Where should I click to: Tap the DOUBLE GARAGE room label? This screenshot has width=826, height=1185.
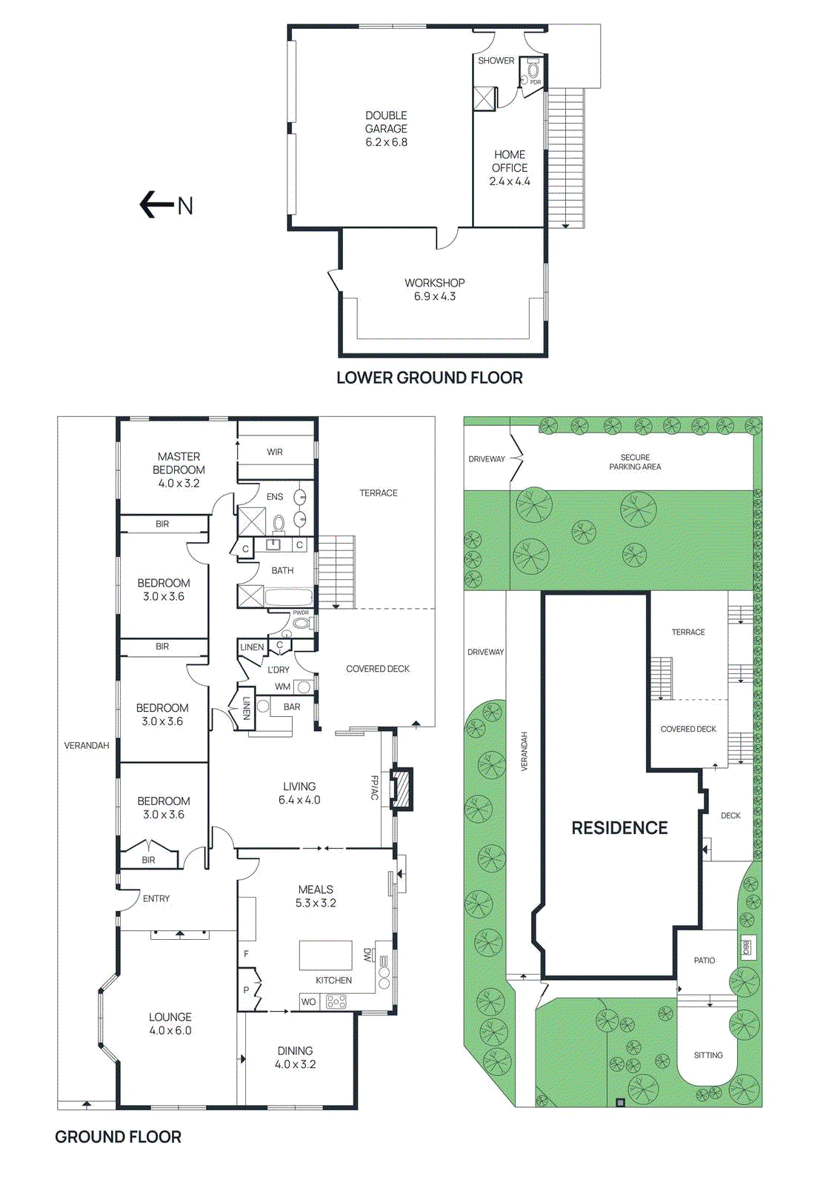(x=386, y=122)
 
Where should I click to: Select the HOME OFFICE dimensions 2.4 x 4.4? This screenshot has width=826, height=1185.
(x=510, y=181)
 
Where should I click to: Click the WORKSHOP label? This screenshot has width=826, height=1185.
(x=435, y=283)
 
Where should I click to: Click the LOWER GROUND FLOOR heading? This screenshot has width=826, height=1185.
(x=429, y=378)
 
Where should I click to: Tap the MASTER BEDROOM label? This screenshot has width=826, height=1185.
(x=179, y=463)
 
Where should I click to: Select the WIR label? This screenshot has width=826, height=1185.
(x=275, y=452)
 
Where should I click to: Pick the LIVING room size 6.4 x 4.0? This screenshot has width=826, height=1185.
(x=299, y=800)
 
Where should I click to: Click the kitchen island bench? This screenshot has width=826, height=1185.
(x=326, y=955)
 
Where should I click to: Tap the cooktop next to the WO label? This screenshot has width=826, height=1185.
(x=336, y=1001)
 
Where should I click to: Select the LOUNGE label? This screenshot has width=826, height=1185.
(x=170, y=1017)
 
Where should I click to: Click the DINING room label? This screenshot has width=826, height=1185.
(x=295, y=1050)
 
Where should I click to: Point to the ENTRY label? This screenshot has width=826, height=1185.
(x=156, y=898)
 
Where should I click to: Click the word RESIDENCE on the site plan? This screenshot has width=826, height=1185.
(x=619, y=828)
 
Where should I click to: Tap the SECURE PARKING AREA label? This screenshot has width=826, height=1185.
(x=635, y=462)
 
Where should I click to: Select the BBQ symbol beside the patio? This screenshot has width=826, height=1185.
(x=746, y=947)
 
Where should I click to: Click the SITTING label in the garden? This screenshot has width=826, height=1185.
(x=708, y=1055)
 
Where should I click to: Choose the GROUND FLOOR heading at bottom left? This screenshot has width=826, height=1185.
(x=118, y=1137)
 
